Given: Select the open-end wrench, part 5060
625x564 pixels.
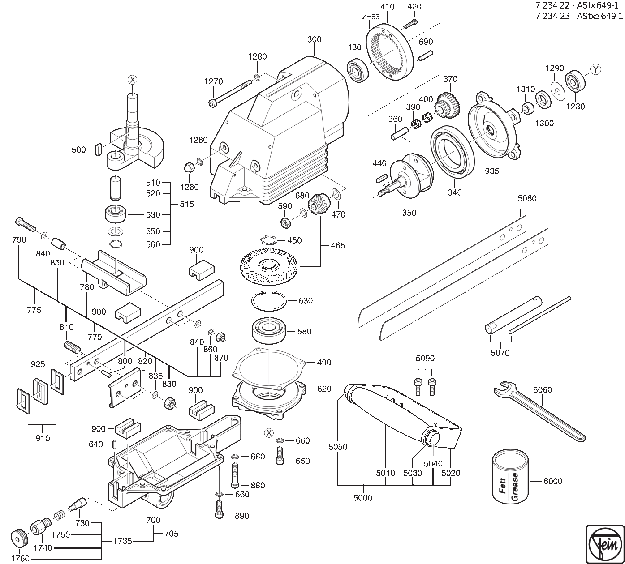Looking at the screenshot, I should coord(538,410).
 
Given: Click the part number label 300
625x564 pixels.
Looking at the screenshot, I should coord(314,39).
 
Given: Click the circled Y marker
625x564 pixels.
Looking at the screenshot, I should coord(595,69).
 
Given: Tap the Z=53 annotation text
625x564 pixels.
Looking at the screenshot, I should coord(371,17).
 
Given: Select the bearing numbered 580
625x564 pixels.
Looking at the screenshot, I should coord(269,331).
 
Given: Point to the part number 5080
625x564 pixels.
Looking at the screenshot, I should coord(527,198).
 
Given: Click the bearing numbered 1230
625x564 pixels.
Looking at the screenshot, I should coord(575,81).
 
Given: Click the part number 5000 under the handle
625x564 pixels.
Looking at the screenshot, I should coord(362,497).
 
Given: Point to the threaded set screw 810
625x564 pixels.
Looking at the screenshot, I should coord(72,346).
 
